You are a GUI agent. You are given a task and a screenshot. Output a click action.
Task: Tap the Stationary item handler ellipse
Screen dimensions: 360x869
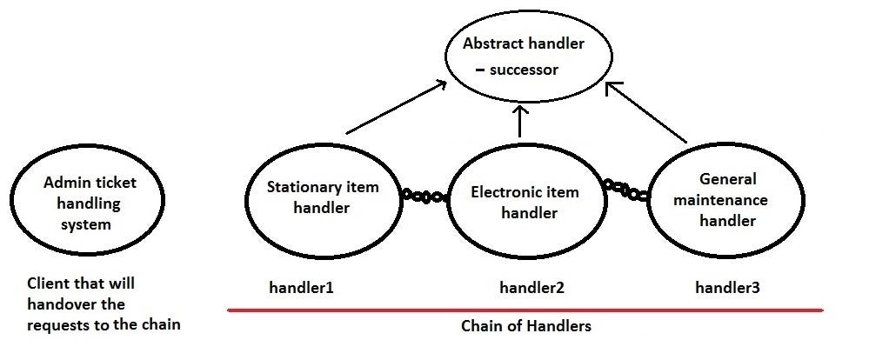click(321, 198)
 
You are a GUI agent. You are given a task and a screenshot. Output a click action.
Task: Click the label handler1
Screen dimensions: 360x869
click(300, 286)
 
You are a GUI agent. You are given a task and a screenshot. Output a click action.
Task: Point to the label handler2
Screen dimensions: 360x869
click(531, 287)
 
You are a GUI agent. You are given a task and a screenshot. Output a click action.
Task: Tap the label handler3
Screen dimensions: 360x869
click(727, 286)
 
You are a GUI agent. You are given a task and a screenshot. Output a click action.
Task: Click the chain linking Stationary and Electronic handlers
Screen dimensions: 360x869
click(425, 196)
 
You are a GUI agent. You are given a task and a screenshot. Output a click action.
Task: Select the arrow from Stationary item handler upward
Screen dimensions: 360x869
click(396, 107)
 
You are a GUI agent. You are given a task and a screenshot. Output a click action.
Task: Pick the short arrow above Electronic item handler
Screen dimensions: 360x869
click(520, 121)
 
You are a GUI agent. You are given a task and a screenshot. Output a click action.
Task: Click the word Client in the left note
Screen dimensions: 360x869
click(48, 283)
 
